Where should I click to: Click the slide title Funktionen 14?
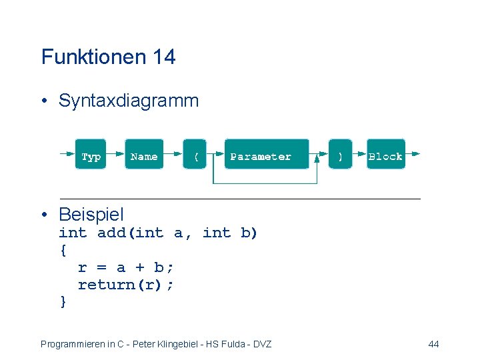click(x=108, y=57)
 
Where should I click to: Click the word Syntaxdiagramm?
click(x=129, y=101)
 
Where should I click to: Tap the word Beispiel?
click(x=91, y=215)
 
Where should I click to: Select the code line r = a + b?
click(x=126, y=267)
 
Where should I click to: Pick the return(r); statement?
click(x=126, y=285)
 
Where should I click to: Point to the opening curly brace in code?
click(x=63, y=250)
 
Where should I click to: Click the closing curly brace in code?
click(x=63, y=302)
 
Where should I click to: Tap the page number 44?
click(x=433, y=344)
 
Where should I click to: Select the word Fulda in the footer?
click(x=236, y=344)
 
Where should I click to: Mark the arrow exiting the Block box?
click(x=413, y=153)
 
